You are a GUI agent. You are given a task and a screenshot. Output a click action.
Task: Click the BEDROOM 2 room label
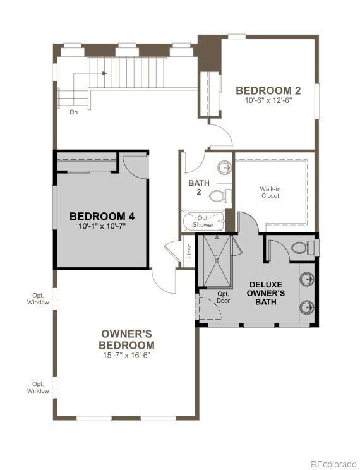click(268, 90)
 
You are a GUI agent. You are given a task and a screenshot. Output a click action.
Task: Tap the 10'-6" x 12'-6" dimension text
click(268, 100)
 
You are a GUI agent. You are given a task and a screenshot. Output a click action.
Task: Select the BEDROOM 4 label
click(102, 216)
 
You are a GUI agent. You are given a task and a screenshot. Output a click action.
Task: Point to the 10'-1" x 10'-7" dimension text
click(102, 226)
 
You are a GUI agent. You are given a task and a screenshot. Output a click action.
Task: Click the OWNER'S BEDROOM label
click(126, 339)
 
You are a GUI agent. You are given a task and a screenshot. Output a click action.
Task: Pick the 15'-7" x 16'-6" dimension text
click(126, 355)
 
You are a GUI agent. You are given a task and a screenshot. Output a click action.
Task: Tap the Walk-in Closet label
click(270, 192)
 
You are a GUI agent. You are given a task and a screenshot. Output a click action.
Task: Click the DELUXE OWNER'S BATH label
click(266, 293)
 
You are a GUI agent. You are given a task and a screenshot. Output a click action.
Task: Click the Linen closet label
click(188, 251)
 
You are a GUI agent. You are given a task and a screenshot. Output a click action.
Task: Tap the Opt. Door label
click(224, 297)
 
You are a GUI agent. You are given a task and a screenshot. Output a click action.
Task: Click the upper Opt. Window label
click(39, 298)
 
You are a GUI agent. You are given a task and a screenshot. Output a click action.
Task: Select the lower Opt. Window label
click(39, 387)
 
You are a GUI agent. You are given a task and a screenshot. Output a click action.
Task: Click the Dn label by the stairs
click(74, 112)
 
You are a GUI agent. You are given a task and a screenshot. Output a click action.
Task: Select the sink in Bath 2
click(224, 168)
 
